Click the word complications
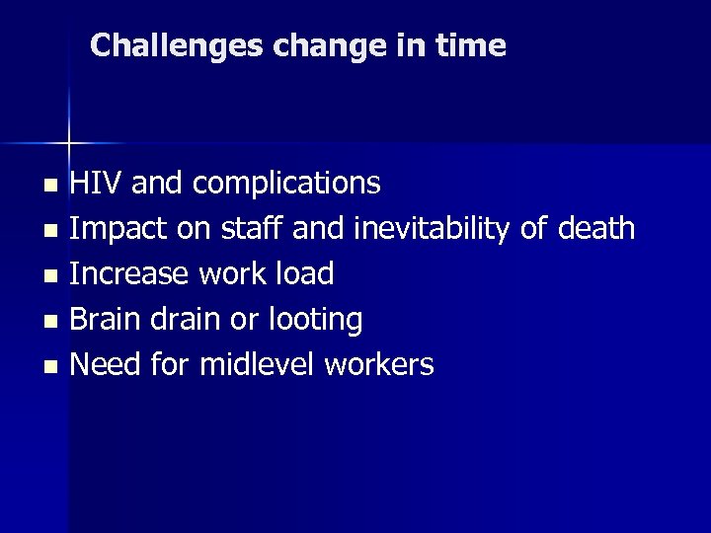(286, 184)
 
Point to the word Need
(106, 364)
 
